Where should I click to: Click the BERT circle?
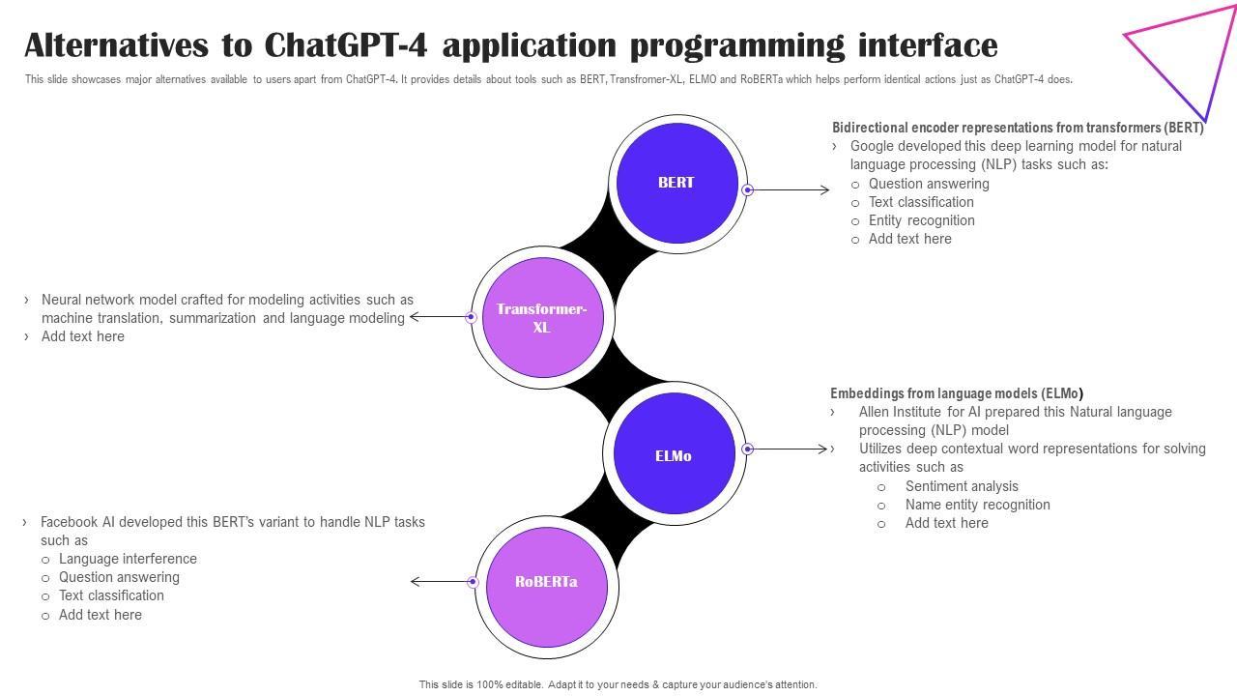point(677,183)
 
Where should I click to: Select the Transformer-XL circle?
point(543,317)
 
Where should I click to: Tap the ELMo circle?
point(675,453)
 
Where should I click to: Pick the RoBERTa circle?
point(547,587)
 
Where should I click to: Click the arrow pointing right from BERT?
point(789,190)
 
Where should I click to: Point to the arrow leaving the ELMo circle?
point(786,449)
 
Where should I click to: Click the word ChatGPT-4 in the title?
point(346,45)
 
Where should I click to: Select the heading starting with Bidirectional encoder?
point(1018,128)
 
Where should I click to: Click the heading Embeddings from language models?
point(957,393)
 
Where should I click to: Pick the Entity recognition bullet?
point(921,221)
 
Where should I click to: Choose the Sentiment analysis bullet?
point(962,486)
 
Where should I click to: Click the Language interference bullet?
point(128,559)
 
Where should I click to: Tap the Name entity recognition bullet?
point(977,505)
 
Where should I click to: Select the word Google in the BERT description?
point(872,146)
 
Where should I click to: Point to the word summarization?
point(213,318)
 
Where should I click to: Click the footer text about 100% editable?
point(618,684)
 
